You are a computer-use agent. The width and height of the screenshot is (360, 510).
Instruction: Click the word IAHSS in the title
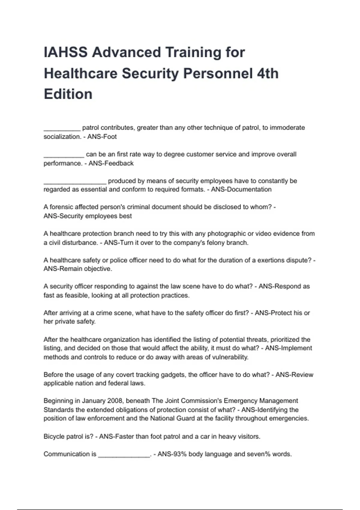pos(66,52)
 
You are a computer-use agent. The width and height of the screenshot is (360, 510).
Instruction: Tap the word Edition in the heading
pos(68,94)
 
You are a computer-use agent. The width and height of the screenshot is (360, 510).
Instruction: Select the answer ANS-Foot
pos(102,137)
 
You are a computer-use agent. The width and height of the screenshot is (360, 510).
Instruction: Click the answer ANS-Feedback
pos(111,163)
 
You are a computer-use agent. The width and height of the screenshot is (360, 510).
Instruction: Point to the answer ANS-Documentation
pos(241,189)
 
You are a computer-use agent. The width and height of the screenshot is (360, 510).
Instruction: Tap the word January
pos(94,401)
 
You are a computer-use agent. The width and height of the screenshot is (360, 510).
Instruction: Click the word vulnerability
pos(230,357)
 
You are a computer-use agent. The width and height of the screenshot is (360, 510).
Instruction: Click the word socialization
pos(62,137)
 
